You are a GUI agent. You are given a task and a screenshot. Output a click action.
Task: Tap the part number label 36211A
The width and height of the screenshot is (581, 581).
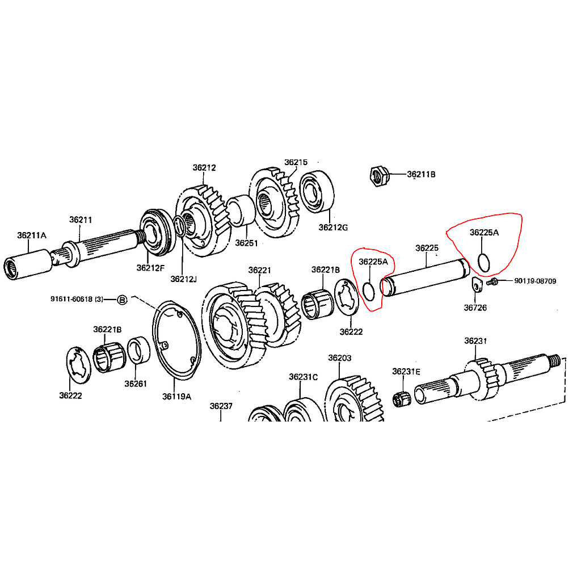(31, 235)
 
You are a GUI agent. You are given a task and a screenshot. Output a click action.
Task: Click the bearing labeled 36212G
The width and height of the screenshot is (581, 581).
(317, 191)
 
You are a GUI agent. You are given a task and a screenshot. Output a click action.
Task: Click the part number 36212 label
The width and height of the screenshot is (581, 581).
(204, 167)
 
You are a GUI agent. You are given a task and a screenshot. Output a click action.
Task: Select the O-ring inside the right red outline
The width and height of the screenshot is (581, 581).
(484, 262)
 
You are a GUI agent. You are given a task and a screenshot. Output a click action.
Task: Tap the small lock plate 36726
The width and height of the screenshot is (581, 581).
(477, 284)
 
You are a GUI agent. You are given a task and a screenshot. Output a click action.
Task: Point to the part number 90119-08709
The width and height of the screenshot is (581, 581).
(535, 281)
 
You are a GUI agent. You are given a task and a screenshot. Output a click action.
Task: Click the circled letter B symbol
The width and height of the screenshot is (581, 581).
(122, 299)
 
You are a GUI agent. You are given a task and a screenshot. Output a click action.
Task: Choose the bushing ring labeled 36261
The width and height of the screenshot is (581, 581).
(138, 350)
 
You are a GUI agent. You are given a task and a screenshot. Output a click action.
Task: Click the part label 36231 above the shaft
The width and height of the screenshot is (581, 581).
(475, 340)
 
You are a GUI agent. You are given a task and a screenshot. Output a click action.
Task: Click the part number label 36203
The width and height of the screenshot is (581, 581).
(339, 358)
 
